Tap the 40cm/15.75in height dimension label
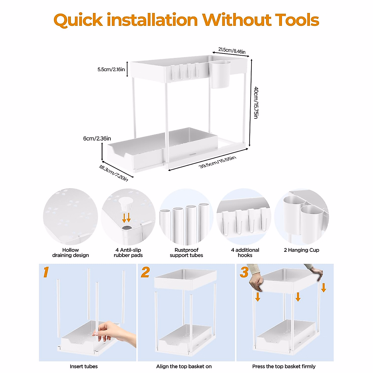pos(256,103)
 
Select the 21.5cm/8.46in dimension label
pos(232,51)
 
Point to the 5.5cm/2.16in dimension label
pos(111,69)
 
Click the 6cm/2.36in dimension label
pos(97,138)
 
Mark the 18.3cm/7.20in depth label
pos(113,173)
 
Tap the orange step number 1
pos(46,272)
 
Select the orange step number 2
pos(145,272)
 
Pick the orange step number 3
pos(244,272)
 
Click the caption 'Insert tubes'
pos(84,366)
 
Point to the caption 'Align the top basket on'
pos(184,366)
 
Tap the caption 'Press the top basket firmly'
pos(284,366)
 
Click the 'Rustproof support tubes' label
pos(186,252)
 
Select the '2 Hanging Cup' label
pos(301,250)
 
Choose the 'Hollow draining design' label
pos(71,252)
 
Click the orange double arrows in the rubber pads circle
pos(127,217)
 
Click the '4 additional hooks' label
pos(245,252)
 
